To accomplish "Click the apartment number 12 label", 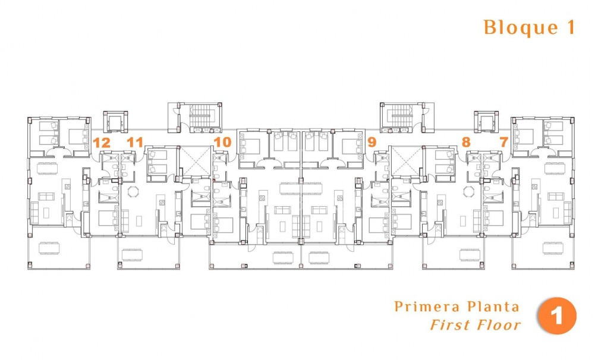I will pyautogui.click(x=102, y=143).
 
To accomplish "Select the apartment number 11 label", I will pyautogui.click(x=135, y=143).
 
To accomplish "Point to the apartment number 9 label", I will pyautogui.click(x=372, y=143).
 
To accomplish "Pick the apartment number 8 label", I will pyautogui.click(x=465, y=143).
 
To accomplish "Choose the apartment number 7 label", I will pyautogui.click(x=503, y=143).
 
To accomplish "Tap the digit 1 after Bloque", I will pyautogui.click(x=569, y=28).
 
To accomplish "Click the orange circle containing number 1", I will pyautogui.click(x=557, y=316).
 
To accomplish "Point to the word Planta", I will pyautogui.click(x=491, y=307).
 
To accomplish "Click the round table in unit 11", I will pyautogui.click(x=132, y=191).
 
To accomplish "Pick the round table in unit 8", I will pyautogui.click(x=470, y=191).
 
